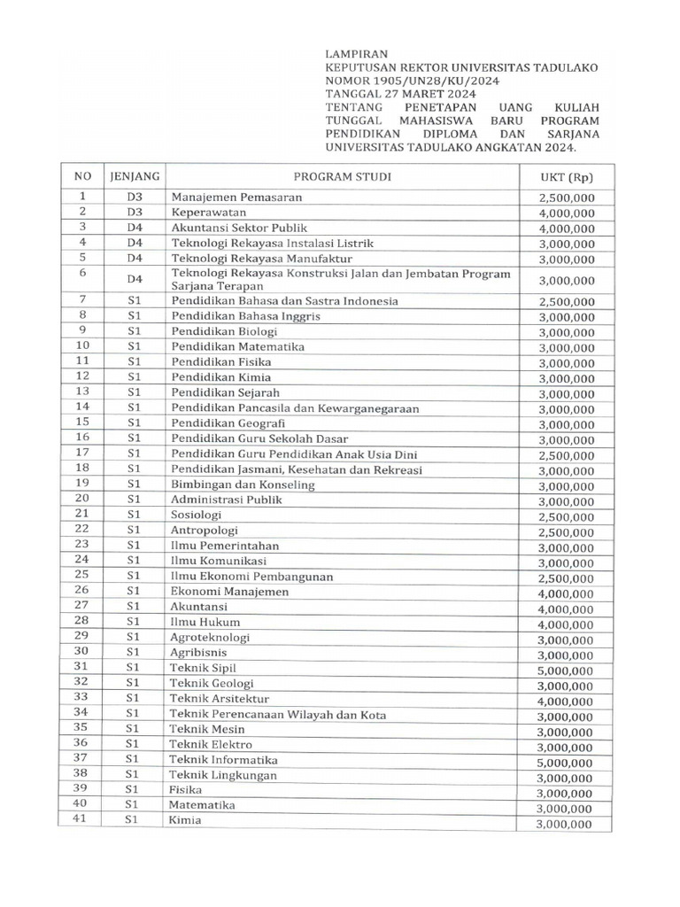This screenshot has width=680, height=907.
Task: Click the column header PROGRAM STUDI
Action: [342, 175]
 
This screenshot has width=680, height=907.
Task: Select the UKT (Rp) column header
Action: [567, 176]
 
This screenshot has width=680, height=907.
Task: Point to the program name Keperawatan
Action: [209, 213]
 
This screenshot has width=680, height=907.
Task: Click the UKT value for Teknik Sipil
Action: [567, 669]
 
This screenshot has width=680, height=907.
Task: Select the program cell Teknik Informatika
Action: [224, 760]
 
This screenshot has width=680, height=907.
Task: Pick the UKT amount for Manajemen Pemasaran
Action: [567, 198]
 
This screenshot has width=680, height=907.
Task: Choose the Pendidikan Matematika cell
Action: [237, 346]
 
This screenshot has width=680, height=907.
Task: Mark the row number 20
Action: [81, 500]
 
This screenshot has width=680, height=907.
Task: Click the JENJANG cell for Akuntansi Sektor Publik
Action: [134, 228]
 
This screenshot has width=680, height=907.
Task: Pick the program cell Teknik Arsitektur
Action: [220, 699]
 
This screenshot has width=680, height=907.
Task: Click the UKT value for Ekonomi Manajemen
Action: [567, 593]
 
